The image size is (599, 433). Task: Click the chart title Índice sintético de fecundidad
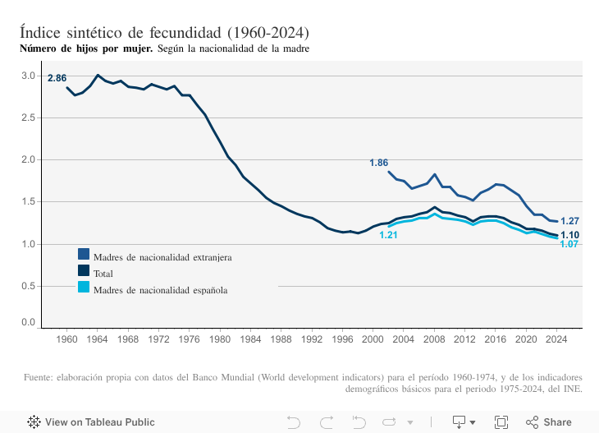coord(164,33)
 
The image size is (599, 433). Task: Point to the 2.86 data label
coord(57,78)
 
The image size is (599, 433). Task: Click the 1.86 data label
coord(378,163)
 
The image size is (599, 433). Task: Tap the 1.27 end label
coord(570,221)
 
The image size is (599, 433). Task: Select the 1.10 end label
coord(570,235)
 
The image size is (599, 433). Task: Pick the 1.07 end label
coord(570,244)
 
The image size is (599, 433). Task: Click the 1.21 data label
coord(388,235)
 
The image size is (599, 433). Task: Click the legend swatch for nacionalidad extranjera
coord(84,256)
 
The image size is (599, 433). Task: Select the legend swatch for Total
coord(84,271)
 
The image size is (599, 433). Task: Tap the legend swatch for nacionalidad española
coord(84,287)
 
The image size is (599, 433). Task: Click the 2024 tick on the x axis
coord(557,339)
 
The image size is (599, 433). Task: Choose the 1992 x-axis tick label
coord(312,339)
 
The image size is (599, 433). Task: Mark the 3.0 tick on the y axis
coord(29,76)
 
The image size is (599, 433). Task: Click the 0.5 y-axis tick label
coord(29,286)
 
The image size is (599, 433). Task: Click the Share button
coord(549,422)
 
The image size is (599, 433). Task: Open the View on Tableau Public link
coord(91,422)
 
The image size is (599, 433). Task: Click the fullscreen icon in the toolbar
coord(501,422)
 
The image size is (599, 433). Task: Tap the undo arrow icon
coord(294,422)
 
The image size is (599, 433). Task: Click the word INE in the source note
coord(571,389)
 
